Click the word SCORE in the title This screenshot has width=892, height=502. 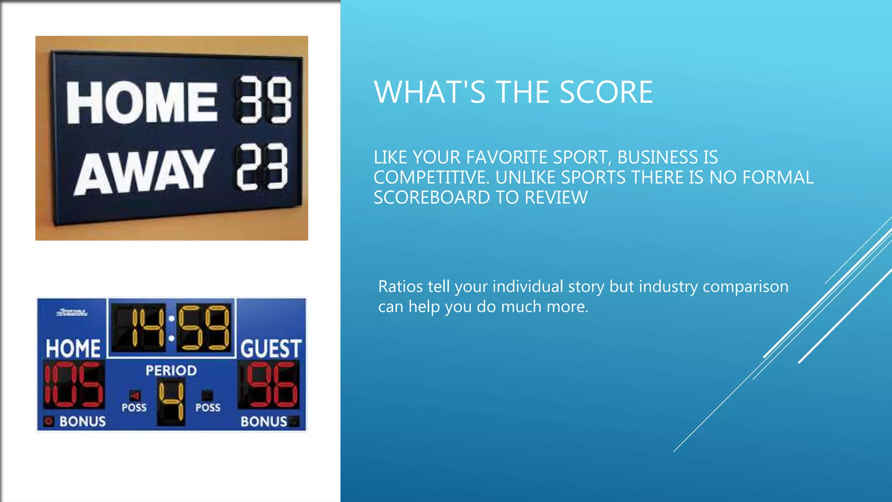pos(606,92)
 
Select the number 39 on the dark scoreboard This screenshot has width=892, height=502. pos(264,100)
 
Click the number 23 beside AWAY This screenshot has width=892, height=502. pos(262,167)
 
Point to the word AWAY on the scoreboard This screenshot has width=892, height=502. pos(144,172)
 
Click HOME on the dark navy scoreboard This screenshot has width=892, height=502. pos(142,102)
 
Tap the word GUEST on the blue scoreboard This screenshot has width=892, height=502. pos(270,349)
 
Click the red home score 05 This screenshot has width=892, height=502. pos(74,384)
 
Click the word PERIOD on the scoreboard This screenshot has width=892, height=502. pos(171,370)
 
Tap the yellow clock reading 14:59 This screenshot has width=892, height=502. pos(171,328)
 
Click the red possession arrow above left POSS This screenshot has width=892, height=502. pos(135,395)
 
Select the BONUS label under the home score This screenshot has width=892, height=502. pos(82,421)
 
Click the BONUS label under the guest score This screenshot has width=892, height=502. pos(264,421)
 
